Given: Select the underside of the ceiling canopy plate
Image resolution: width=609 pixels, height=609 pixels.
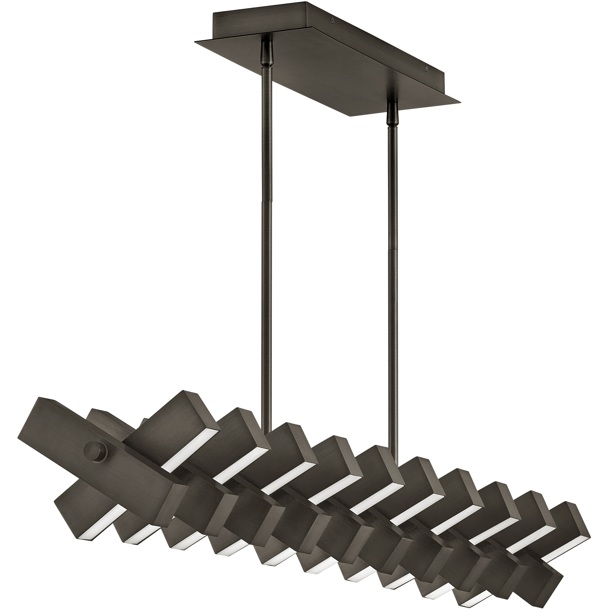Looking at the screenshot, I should [x=315, y=79].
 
